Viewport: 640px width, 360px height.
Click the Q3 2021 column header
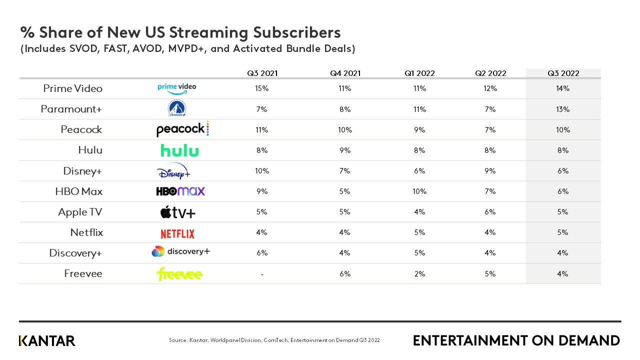[x=262, y=73]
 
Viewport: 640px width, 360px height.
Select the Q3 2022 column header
[x=563, y=73]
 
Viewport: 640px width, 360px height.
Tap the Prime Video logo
[x=176, y=88]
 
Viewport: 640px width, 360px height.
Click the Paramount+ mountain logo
[x=176, y=108]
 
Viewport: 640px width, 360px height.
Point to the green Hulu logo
[x=179, y=150]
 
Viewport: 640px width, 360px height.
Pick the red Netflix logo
[x=177, y=233]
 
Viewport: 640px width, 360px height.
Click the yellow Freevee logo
[x=179, y=274]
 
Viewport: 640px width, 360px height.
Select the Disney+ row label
[x=82, y=171]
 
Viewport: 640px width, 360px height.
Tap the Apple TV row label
[x=80, y=212]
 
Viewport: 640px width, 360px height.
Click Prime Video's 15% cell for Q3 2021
[x=262, y=88]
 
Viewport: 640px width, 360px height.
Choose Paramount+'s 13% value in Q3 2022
[x=563, y=109]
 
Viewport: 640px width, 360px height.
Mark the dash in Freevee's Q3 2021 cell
[x=262, y=274]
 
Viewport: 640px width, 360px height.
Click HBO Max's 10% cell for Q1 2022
[x=419, y=191]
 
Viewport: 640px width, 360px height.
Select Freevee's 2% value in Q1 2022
[x=419, y=274]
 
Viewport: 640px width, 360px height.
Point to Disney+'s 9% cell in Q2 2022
[x=490, y=171]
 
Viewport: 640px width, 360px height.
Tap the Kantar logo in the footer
[x=47, y=341]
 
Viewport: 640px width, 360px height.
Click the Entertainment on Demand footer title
[x=516, y=341]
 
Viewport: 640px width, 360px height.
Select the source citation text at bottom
[x=274, y=340]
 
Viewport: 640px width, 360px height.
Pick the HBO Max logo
[x=180, y=191]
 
